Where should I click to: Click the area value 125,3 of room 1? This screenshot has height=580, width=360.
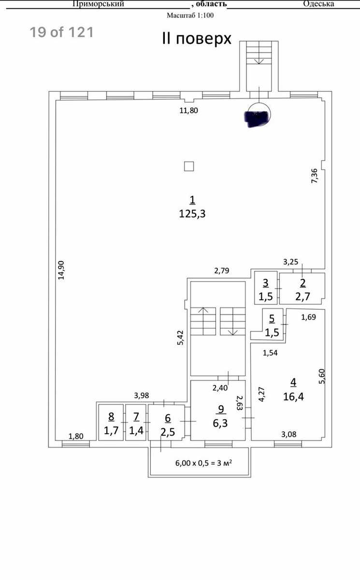(x=192, y=214)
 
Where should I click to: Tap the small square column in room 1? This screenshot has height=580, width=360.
(x=189, y=166)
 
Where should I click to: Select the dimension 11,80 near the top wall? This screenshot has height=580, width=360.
(x=188, y=111)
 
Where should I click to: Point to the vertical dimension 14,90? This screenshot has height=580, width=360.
(x=61, y=270)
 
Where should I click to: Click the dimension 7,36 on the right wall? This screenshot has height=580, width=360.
(x=314, y=176)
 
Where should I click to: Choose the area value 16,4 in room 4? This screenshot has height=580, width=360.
(x=293, y=396)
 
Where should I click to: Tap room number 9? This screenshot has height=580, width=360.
(x=221, y=409)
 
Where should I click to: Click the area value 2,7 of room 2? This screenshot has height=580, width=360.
(x=302, y=296)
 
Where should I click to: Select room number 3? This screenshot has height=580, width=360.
(x=266, y=283)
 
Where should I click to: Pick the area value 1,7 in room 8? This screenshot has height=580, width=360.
(x=111, y=430)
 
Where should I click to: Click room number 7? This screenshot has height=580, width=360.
(x=136, y=417)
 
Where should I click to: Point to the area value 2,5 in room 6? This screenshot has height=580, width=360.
(x=168, y=432)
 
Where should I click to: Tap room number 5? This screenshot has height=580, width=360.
(x=272, y=319)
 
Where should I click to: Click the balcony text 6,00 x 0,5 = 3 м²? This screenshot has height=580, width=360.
(x=203, y=463)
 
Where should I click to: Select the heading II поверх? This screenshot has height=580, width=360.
(x=197, y=39)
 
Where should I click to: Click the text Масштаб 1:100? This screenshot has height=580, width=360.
(x=190, y=15)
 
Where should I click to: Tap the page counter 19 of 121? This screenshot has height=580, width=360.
(x=61, y=32)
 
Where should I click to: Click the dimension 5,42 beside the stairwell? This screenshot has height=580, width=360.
(x=180, y=338)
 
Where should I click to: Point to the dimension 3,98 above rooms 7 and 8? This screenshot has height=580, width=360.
(x=141, y=395)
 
